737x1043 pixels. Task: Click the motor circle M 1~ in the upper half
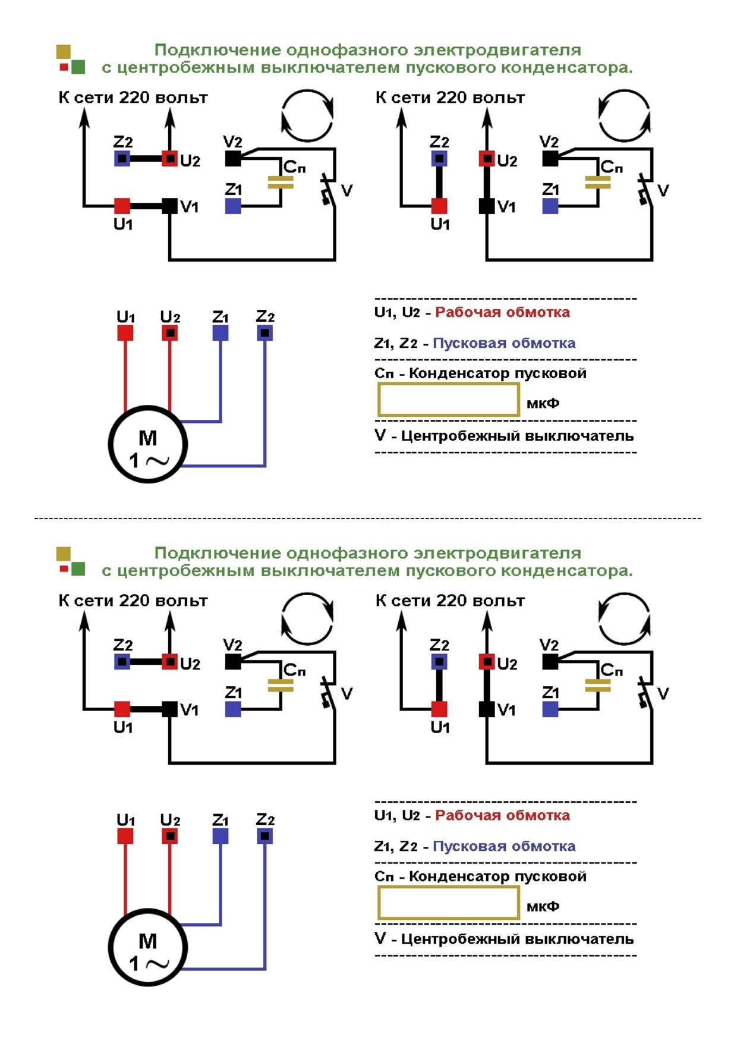tap(147, 444)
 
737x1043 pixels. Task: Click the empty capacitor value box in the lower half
tap(449, 903)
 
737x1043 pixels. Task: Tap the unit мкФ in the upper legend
tap(543, 403)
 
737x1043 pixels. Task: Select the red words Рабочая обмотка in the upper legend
tap(502, 312)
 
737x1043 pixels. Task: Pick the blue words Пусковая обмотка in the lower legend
tap(504, 846)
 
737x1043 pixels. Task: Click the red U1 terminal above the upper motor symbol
tap(125, 333)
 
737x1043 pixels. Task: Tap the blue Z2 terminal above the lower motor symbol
tap(265, 836)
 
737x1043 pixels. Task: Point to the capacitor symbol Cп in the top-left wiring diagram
tap(281, 182)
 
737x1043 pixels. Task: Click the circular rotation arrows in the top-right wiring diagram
tap(623, 115)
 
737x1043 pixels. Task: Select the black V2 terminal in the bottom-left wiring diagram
tap(233, 661)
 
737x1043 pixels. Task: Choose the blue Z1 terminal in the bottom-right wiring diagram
tap(550, 709)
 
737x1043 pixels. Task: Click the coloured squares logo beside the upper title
tap(71, 59)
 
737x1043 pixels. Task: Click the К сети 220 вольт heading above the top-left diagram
tap(133, 98)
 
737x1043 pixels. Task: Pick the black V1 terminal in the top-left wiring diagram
tap(170, 206)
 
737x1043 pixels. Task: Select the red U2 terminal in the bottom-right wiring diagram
tap(487, 661)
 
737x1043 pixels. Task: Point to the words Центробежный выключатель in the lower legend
tap(517, 939)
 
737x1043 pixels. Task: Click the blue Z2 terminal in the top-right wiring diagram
tap(439, 159)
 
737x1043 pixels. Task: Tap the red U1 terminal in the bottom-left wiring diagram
tap(122, 709)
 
